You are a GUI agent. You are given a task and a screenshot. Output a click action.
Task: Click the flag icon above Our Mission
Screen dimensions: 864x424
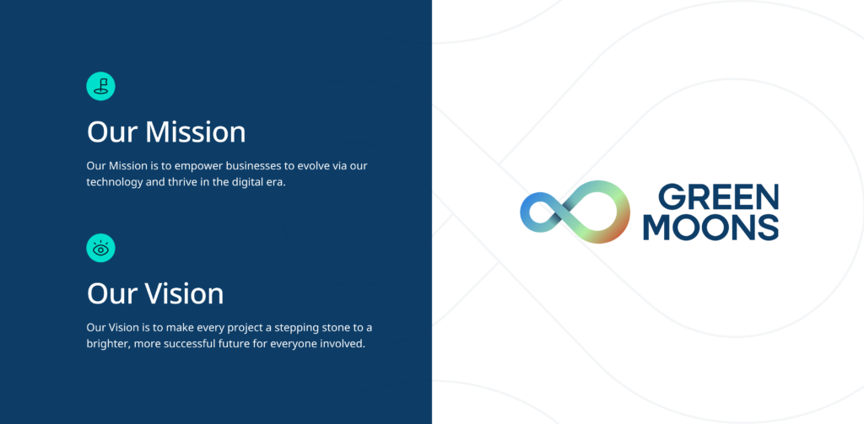pyautogui.click(x=101, y=87)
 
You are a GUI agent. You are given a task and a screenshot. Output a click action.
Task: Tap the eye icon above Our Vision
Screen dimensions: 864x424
pyautogui.click(x=101, y=249)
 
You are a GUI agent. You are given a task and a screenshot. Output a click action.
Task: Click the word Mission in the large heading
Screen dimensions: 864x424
pyautogui.click(x=196, y=132)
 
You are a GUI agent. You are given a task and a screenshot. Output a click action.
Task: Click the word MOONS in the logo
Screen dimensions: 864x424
pyautogui.click(x=710, y=227)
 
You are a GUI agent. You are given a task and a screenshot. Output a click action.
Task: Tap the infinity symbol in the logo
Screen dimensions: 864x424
pyautogui.click(x=575, y=212)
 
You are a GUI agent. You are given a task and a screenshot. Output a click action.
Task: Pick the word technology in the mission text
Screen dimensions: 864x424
pyautogui.click(x=114, y=182)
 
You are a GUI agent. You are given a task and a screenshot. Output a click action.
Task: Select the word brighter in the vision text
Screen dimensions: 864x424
pyautogui.click(x=107, y=344)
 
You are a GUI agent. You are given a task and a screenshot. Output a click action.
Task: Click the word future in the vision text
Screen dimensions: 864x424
pyautogui.click(x=230, y=344)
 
